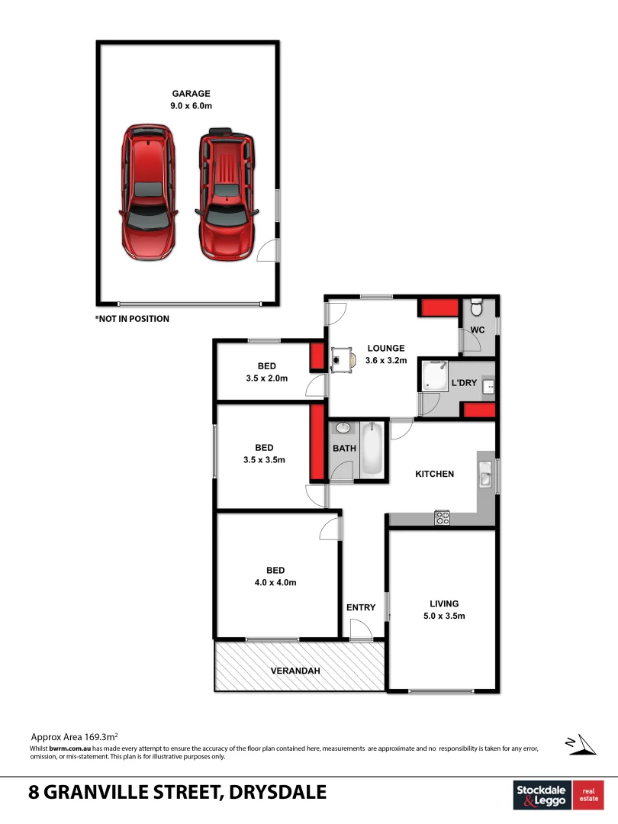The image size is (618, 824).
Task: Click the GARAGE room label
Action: point(191,94)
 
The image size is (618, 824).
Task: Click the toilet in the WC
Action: point(477,307)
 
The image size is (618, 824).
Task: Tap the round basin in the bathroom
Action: point(343,428)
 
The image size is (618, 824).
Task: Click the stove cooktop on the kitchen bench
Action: point(443,517)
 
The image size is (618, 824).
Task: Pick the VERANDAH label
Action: point(295,671)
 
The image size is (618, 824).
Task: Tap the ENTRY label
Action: point(361,607)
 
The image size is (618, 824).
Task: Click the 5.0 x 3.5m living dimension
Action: point(443,616)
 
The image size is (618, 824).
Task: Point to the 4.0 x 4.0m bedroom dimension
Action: point(275,582)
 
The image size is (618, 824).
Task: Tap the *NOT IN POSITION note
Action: point(132,319)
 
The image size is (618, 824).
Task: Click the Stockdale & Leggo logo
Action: point(542,795)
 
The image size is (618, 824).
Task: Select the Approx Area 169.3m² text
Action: point(73,737)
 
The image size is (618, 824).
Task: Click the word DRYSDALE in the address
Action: point(278,793)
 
